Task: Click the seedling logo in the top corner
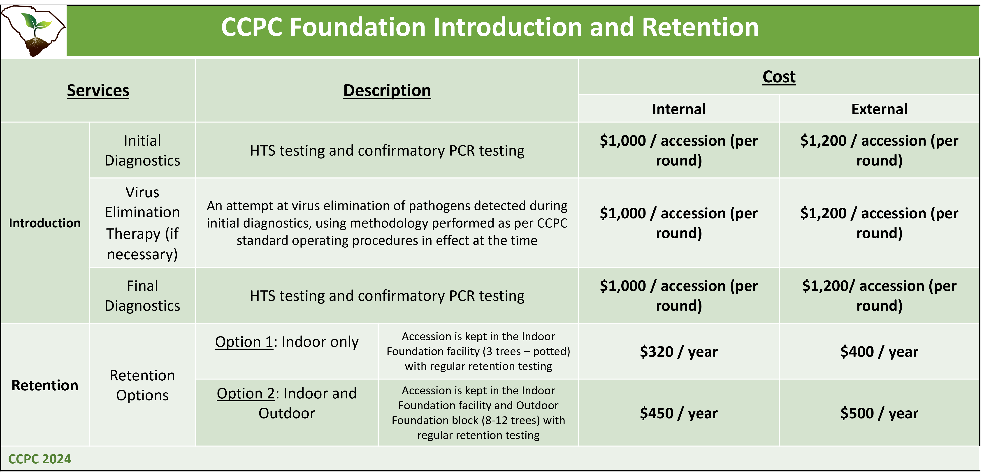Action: click(34, 31)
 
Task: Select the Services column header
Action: click(98, 91)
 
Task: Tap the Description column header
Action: click(387, 91)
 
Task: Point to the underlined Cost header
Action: click(779, 77)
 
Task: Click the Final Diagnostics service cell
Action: click(142, 296)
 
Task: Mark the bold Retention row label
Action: click(45, 385)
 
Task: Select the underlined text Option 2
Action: click(246, 393)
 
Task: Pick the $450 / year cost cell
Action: click(679, 413)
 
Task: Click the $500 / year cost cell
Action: click(879, 413)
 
